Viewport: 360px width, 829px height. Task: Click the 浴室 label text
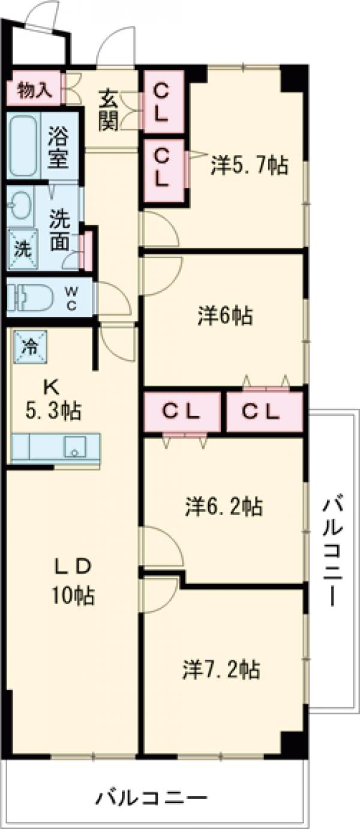[x=58, y=147]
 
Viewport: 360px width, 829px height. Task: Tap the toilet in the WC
[x=30, y=297]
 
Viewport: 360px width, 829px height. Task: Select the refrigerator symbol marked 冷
[x=28, y=346]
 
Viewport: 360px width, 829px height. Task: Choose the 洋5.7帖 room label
[x=249, y=164]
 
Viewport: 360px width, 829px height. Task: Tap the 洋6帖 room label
[x=225, y=315]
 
